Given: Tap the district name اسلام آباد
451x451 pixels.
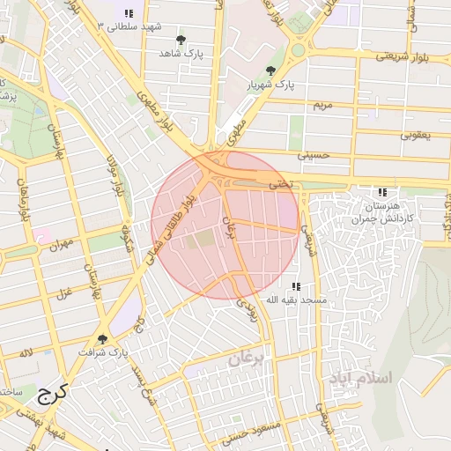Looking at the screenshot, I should (x=364, y=378).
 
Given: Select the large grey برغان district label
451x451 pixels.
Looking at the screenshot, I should (x=247, y=359).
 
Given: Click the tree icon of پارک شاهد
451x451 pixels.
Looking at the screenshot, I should (x=181, y=41).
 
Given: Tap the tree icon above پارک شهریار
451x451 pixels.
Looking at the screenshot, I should (x=270, y=70).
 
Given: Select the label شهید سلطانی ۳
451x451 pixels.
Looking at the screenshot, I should (x=129, y=26).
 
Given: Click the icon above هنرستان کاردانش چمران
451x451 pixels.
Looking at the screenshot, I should (x=381, y=191).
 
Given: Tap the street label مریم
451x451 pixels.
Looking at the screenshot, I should (x=323, y=105).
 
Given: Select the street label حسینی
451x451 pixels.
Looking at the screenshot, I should (x=313, y=155).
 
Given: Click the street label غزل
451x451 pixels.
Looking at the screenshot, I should (x=63, y=293).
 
